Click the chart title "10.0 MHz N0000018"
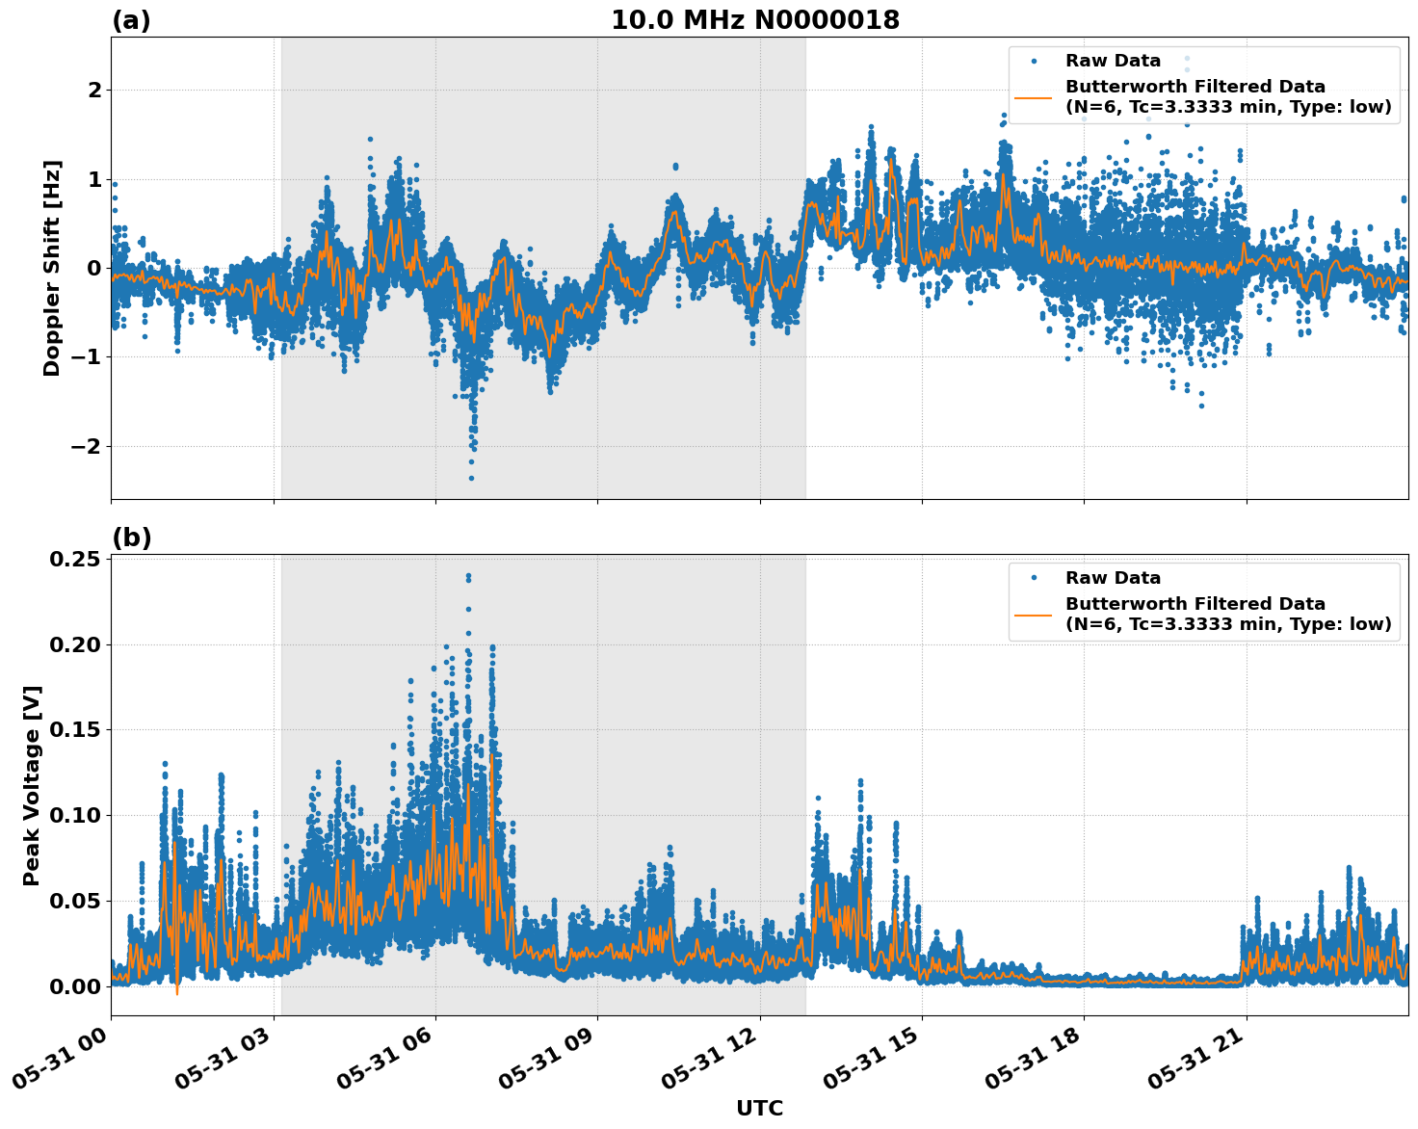755,20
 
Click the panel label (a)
131,20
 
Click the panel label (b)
131,538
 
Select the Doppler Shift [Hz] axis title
52,268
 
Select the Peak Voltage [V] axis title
32,785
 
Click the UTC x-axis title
759,1108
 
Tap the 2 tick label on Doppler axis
94,90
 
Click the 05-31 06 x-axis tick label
386,1064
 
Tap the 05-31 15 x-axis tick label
873,1064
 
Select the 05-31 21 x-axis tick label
1197,1064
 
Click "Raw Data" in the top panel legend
1113,61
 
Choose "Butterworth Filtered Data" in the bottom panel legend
1195,604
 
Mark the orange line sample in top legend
1034,97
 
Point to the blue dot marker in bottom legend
1034,578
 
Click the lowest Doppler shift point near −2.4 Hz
471,478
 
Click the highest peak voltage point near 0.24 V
468,576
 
